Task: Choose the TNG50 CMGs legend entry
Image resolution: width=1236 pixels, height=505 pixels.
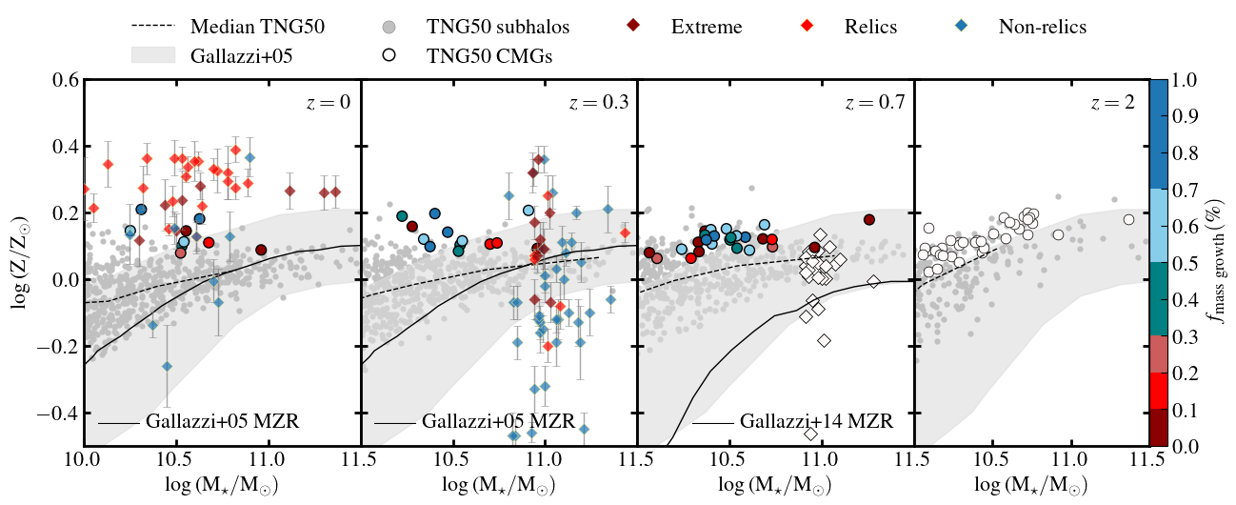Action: click(488, 56)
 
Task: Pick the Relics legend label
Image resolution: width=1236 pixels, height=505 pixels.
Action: click(870, 26)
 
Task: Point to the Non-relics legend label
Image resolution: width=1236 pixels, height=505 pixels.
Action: click(1042, 26)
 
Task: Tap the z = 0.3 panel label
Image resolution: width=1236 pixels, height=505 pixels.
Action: click(598, 105)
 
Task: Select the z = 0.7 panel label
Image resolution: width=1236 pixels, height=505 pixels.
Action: click(874, 105)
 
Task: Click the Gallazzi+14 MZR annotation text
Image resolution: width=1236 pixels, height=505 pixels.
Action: click(816, 420)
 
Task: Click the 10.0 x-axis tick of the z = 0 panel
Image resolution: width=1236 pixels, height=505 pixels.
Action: click(84, 467)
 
